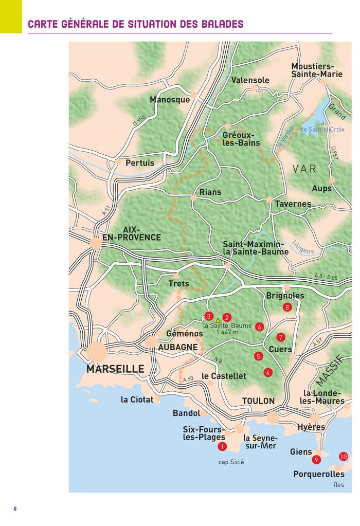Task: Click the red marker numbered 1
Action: [x=222, y=446]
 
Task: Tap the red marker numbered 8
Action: [x=287, y=307]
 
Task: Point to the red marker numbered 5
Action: [x=258, y=356]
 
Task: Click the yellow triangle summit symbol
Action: [x=218, y=320]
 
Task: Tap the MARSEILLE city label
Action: [x=115, y=369]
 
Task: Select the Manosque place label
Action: [x=170, y=100]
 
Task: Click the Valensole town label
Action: [x=250, y=80]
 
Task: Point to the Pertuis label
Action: [x=140, y=163]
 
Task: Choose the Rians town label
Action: [x=210, y=192]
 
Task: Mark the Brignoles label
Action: [x=285, y=296]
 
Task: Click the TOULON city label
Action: [x=258, y=401]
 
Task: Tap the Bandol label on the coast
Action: [x=186, y=413]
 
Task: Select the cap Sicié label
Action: [x=231, y=462]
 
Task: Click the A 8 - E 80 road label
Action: [x=326, y=277]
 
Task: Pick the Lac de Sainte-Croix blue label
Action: [x=322, y=126]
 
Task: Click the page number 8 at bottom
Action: [x=15, y=509]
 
